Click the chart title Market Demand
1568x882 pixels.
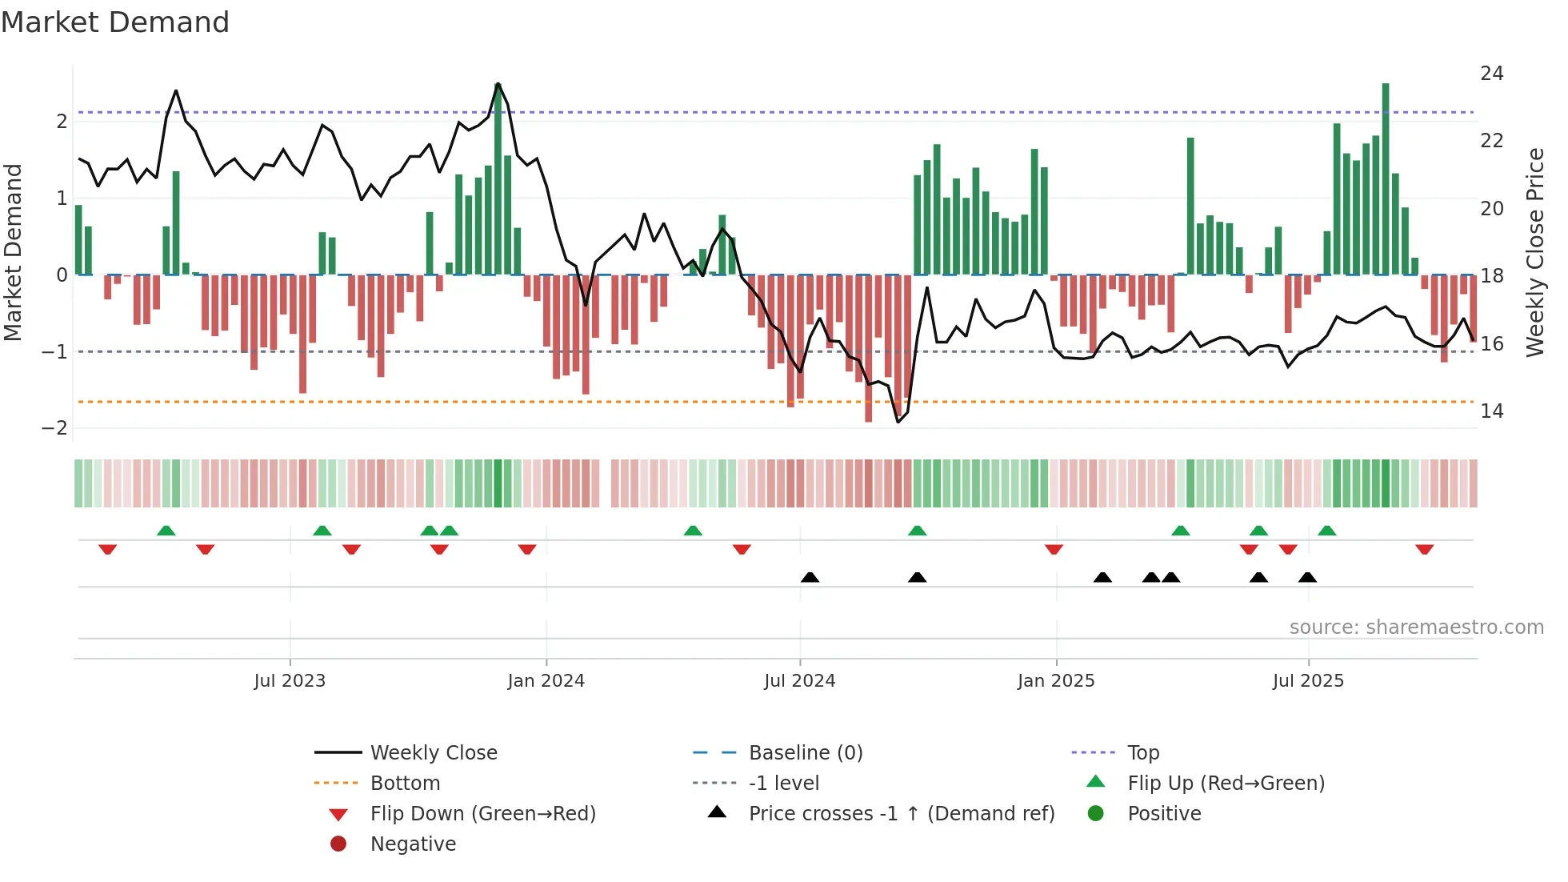point(115,22)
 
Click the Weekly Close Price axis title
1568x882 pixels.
point(1534,252)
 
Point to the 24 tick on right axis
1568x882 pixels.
point(1491,74)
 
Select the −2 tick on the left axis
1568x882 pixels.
point(54,428)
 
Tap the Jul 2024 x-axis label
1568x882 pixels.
point(799,681)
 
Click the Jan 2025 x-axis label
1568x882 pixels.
point(1055,681)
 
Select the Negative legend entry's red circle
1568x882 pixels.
point(338,844)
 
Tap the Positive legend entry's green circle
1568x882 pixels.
point(1096,814)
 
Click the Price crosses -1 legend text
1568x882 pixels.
point(902,814)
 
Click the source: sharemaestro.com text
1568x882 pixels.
point(1416,627)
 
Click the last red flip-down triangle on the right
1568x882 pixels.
point(1424,550)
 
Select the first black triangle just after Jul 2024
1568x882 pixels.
point(810,577)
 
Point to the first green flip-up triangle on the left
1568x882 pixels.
point(166,531)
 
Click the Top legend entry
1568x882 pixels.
point(1143,753)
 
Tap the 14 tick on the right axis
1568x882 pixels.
point(1491,411)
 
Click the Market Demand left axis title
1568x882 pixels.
point(13,252)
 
